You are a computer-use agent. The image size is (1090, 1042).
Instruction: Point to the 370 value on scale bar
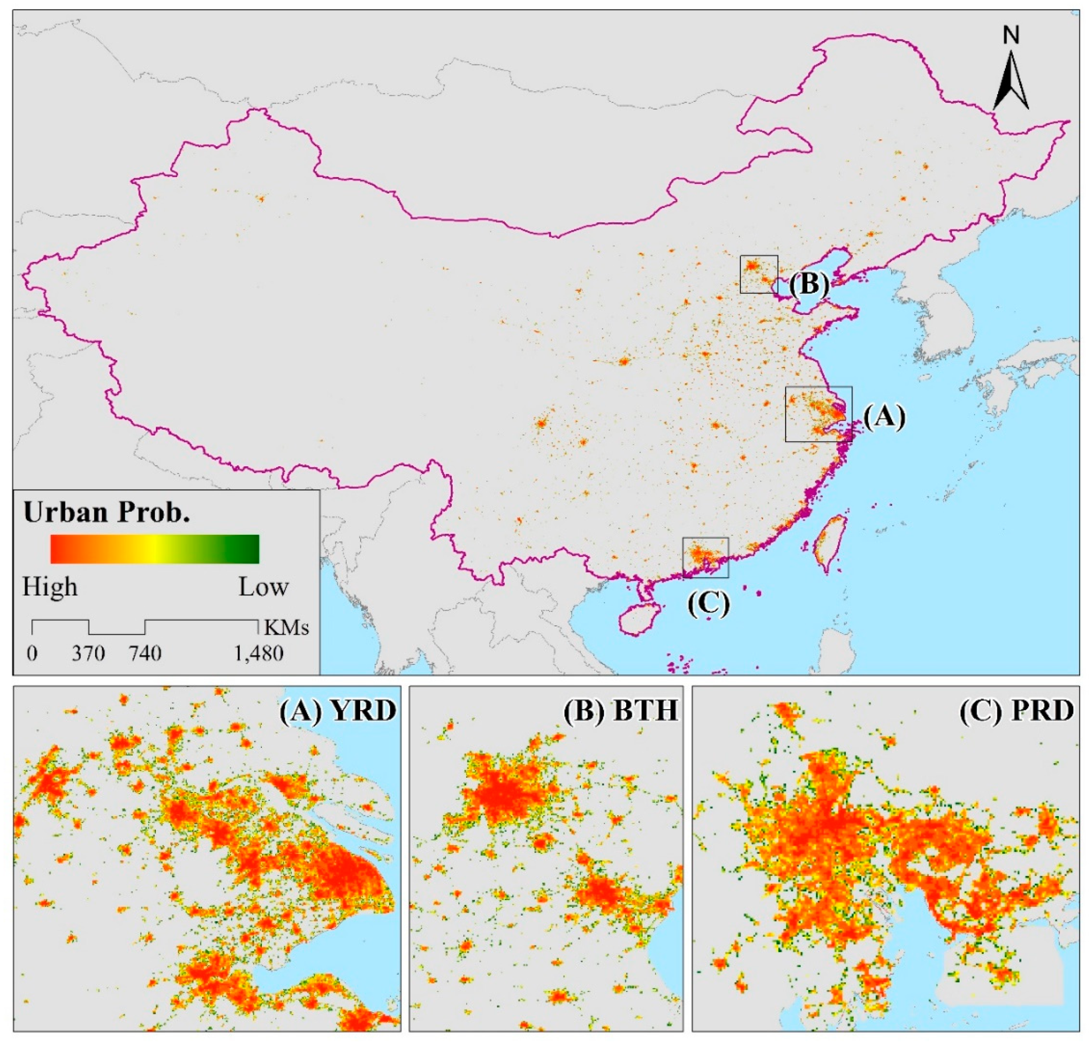point(88,654)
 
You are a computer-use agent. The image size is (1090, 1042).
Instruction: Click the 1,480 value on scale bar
point(259,654)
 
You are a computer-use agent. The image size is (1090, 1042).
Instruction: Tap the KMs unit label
point(286,628)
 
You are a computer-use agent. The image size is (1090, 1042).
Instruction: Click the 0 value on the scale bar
point(32,654)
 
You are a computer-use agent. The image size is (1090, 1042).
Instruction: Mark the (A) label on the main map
point(884,416)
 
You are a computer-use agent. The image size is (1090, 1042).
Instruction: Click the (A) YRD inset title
point(338,711)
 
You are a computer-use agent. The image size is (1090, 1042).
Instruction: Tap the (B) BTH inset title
point(621,711)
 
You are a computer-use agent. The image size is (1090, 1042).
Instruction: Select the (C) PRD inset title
point(1017,711)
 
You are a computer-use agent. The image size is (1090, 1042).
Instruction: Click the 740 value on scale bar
point(146,654)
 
